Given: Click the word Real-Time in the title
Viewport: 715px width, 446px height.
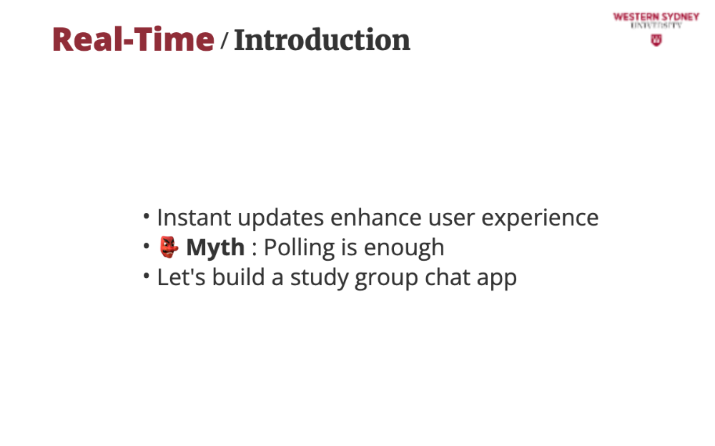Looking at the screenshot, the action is [133, 39].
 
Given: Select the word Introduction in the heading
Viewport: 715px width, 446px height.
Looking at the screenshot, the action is [322, 40].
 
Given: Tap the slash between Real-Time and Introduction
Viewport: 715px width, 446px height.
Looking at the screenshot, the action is [224, 40].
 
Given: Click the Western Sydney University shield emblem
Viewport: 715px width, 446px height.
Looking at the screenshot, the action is [656, 40].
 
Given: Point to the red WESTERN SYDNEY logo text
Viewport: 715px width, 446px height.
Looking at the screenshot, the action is [656, 17].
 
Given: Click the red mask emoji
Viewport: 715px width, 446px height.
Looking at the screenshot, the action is [169, 247].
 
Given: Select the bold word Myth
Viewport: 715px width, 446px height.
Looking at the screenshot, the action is [215, 247].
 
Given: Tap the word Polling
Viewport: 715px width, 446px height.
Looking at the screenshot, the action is [300, 247].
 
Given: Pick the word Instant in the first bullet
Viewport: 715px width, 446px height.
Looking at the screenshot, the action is [194, 217].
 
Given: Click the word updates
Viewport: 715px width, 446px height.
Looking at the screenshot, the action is [281, 219].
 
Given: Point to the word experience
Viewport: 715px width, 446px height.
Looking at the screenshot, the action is [540, 219].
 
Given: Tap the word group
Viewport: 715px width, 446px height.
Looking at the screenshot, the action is [386, 279].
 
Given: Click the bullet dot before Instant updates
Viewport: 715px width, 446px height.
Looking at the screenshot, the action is [146, 216].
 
